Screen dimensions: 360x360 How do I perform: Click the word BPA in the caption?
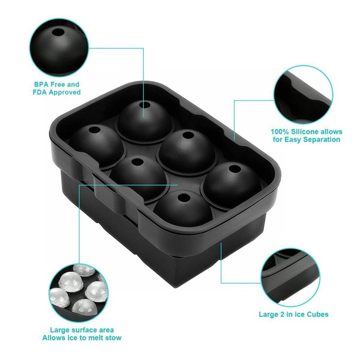tap(41, 84)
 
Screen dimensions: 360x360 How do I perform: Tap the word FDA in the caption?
tap(40, 92)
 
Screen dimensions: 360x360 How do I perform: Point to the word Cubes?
tap(318, 314)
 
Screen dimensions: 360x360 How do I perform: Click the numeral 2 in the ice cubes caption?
tap(282, 314)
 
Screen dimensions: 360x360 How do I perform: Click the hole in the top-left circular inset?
tap(58, 32)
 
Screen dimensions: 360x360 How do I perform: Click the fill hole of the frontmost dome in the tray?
tap(184, 197)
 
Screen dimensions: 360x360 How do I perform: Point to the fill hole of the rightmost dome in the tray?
tap(234, 169)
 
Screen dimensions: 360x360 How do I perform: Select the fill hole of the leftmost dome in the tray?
tap(95, 130)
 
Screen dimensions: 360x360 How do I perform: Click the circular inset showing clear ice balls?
tap(79, 293)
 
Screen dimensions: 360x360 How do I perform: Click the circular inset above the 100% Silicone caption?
tap(303, 95)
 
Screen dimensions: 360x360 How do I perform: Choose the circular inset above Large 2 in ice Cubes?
tap(291, 277)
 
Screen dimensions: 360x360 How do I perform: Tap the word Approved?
tap(65, 93)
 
